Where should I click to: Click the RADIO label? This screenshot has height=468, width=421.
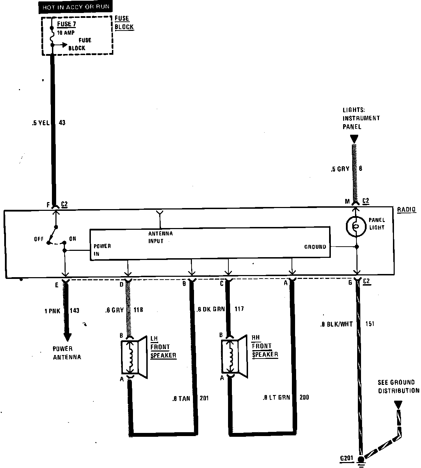tap(407, 210)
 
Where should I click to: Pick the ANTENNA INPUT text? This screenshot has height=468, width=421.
tap(160, 237)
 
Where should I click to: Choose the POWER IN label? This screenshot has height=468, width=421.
tap(102, 250)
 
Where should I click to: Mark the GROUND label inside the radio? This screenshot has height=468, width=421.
tap(315, 247)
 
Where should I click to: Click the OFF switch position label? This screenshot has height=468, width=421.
tap(39, 239)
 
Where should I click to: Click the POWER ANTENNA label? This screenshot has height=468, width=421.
tap(67, 353)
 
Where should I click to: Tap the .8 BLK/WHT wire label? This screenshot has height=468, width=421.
tap(336, 325)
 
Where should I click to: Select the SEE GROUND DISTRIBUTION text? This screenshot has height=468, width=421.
tap(398, 386)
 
